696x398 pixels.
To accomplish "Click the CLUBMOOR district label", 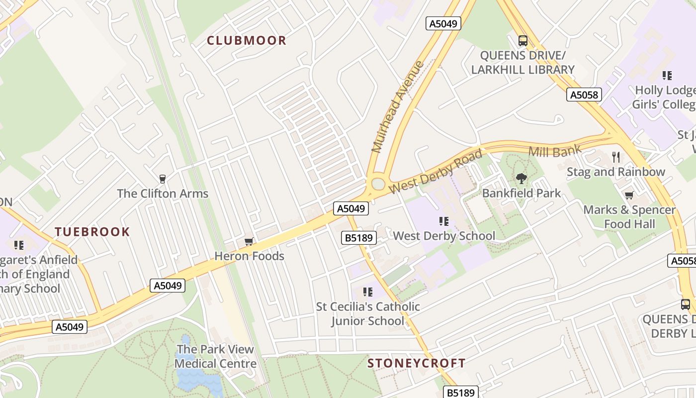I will [x=247, y=40].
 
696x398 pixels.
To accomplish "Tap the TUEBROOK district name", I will [x=92, y=232].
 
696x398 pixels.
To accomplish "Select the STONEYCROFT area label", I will [x=417, y=363].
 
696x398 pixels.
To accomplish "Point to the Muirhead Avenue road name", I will [x=397, y=107].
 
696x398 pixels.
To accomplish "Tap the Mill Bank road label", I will [x=555, y=151].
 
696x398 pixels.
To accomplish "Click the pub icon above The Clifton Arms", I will [x=162, y=179].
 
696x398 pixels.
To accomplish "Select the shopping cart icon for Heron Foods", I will [x=249, y=242].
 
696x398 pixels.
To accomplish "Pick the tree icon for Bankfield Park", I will [x=521, y=178].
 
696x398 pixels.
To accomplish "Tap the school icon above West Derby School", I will [x=444, y=221].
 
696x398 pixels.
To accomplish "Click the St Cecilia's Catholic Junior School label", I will [x=368, y=313].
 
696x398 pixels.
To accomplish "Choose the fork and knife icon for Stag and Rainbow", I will [x=616, y=157].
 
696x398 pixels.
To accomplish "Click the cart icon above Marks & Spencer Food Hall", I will [x=629, y=195].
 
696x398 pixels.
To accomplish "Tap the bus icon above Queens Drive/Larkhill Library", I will [x=522, y=40].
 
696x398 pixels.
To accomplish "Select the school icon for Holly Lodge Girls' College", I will [x=667, y=76].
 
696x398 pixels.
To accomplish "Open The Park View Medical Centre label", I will [x=215, y=356].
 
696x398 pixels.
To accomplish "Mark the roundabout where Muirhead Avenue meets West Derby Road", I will [x=378, y=184].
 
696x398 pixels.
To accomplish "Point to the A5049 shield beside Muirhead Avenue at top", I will [x=443, y=23].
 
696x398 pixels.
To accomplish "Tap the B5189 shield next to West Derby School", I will [x=359, y=238].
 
